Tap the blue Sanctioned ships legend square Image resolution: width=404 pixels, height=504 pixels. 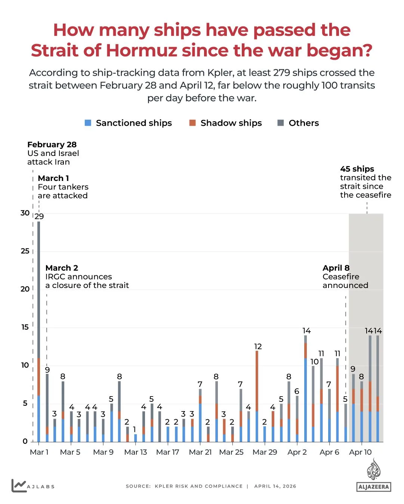[88, 123]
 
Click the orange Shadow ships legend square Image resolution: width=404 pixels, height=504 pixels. [192, 123]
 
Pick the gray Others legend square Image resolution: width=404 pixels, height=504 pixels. [281, 123]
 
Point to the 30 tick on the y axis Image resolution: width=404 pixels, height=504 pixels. [25, 213]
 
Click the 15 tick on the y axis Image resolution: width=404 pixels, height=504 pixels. [25, 327]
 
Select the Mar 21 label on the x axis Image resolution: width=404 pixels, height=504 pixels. [200, 452]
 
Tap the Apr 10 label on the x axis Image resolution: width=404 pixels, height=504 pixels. [360, 452]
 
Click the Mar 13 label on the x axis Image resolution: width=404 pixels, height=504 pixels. [135, 452]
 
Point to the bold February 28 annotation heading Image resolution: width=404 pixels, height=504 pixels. [52, 145]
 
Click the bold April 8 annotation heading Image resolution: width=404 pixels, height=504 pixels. [336, 268]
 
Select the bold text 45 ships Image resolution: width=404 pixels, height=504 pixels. [357, 169]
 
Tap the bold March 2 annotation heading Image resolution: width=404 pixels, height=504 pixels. [62, 268]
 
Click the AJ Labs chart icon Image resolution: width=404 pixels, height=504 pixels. [19, 485]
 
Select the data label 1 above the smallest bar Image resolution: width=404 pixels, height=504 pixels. [135, 429]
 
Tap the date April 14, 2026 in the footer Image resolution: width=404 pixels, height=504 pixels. [275, 486]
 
